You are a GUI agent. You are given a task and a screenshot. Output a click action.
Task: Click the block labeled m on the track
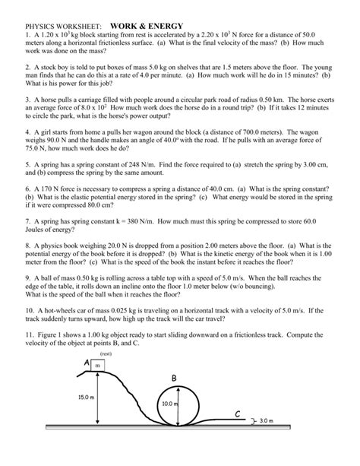(97, 366)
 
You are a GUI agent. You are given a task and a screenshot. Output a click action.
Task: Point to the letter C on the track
(237, 414)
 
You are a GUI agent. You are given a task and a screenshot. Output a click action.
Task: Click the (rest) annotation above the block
(106, 353)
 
